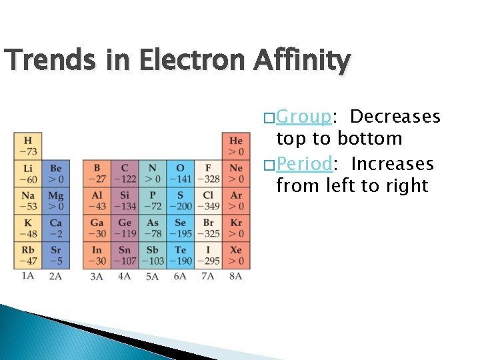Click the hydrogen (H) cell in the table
coord(28,145)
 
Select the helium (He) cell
coord(236,145)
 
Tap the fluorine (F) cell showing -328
coord(208,173)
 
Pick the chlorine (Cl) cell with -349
coord(208,200)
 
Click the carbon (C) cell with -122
coord(124,173)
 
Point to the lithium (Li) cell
coord(28,173)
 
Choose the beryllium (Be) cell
coord(55,173)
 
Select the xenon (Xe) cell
coord(236,255)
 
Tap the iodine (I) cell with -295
coord(208,255)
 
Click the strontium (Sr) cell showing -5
coord(55,255)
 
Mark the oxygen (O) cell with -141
coord(180,173)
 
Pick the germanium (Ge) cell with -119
coord(124,227)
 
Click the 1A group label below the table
coord(27,275)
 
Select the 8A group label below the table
coord(235,275)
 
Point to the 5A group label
coord(152,275)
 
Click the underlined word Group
coord(303,117)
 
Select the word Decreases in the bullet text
coord(395,117)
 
